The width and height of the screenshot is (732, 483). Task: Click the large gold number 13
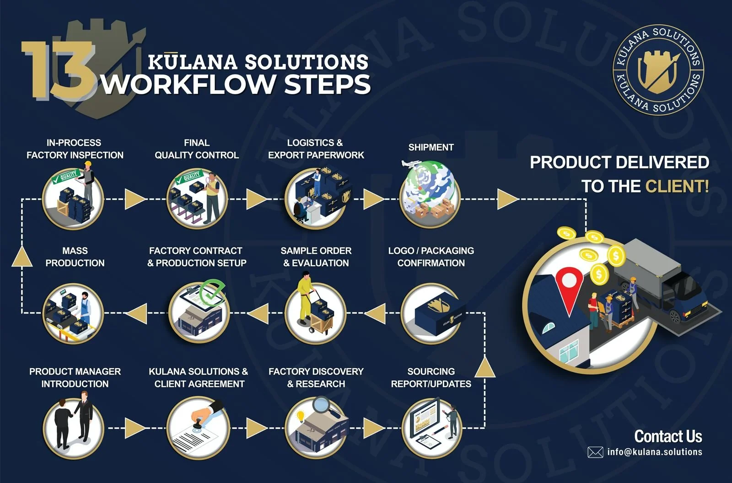(x=57, y=70)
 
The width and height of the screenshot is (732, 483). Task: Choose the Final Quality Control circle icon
(x=197, y=198)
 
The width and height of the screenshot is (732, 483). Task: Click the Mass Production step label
(x=75, y=257)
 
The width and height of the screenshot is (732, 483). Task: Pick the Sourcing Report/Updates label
(x=431, y=377)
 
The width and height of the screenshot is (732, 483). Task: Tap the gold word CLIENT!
(x=677, y=186)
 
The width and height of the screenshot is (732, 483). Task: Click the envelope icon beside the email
(x=595, y=452)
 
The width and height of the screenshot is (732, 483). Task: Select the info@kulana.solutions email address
(x=655, y=452)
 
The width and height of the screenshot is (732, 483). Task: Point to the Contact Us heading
(x=668, y=436)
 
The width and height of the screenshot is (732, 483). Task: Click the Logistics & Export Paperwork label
(x=316, y=149)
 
